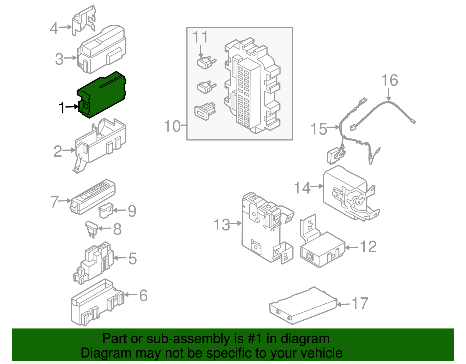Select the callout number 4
(54, 28)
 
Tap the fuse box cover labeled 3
(102, 50)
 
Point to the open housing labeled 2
(100, 143)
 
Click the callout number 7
(54, 202)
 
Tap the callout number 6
(143, 296)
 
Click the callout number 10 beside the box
(172, 126)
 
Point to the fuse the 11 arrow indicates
(206, 63)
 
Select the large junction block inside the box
(252, 87)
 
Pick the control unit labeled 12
(322, 251)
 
